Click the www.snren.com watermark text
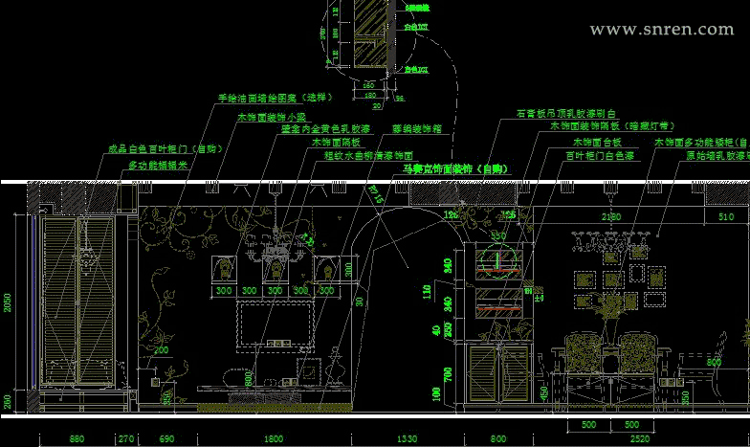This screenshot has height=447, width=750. pyautogui.click(x=662, y=30)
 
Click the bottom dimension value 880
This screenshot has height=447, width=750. pyautogui.click(x=77, y=438)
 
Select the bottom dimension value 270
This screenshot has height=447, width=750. pyautogui.click(x=125, y=438)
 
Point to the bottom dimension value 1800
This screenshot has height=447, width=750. pyautogui.click(x=274, y=438)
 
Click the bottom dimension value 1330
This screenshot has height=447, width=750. pyautogui.click(x=407, y=438)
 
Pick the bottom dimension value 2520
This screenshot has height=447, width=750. pyautogui.click(x=642, y=438)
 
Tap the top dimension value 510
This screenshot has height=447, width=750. pyautogui.click(x=726, y=217)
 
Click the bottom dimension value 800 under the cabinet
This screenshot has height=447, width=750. pyautogui.click(x=498, y=438)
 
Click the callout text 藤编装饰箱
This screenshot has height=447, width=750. pyautogui.click(x=417, y=127)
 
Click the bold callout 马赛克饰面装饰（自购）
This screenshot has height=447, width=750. pyautogui.click(x=455, y=169)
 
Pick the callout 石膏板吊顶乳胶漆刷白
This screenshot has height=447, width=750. pyautogui.click(x=565, y=113)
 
